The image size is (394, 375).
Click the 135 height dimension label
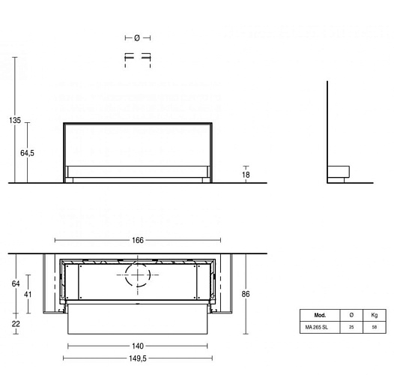pyautogui.click(x=15, y=120)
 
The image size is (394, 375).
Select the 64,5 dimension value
pyautogui.click(x=27, y=153)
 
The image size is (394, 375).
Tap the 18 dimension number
pyautogui.click(x=246, y=175)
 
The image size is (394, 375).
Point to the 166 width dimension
pyautogui.click(x=138, y=240)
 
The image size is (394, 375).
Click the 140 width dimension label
pyautogui.click(x=138, y=346)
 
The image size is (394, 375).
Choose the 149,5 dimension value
pyautogui.click(x=138, y=358)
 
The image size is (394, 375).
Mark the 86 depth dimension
pyautogui.click(x=246, y=294)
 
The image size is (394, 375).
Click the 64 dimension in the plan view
pyautogui.click(x=16, y=283)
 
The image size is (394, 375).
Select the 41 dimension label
pyautogui.click(x=28, y=294)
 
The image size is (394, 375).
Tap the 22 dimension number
pyautogui.click(x=16, y=324)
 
